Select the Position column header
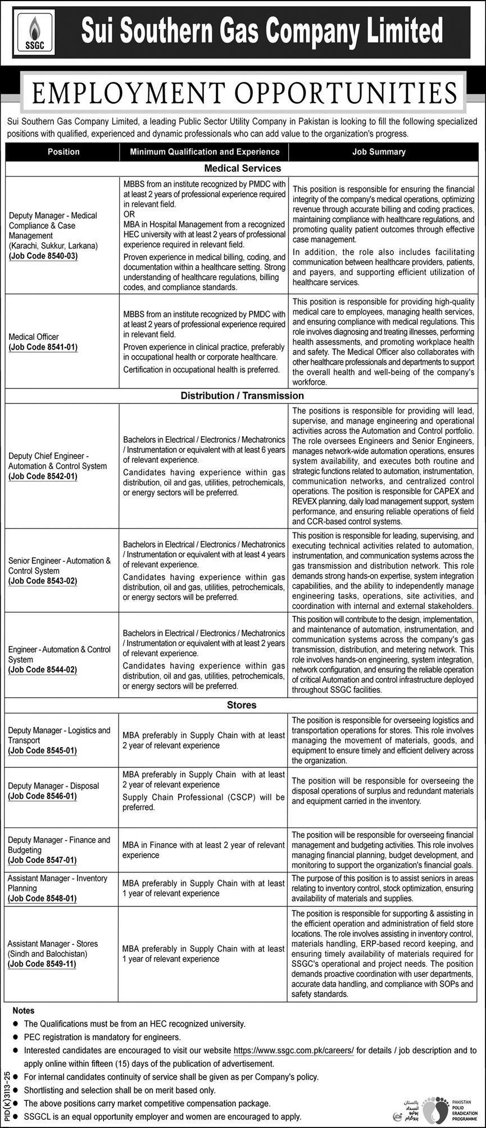63,152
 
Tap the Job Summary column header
379,152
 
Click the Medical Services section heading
242,168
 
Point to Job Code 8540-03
43,256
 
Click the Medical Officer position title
34,337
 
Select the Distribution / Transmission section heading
242,395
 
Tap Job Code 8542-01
43,476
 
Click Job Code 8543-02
43,581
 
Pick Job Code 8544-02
43,670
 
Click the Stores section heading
242,705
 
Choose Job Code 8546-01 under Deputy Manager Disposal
43,796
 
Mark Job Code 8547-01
43,860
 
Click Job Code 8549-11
43,964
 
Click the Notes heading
23,1011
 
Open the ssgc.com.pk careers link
293,1050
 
